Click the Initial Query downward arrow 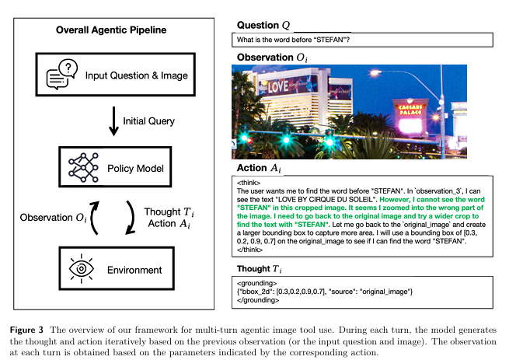tap(114, 121)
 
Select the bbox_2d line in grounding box tap(318, 292)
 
